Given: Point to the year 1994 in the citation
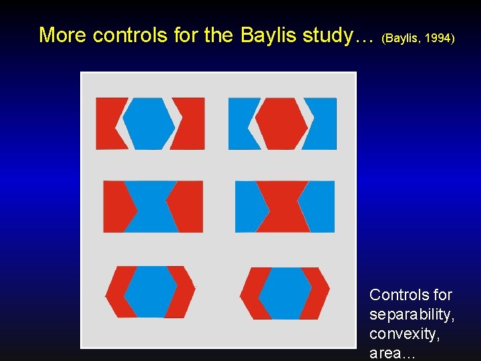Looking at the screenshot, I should pos(438,39).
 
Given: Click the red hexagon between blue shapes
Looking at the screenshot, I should pos(281,124).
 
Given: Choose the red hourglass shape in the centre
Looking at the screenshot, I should pos(283,207).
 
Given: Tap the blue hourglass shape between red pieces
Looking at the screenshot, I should pos(152,207).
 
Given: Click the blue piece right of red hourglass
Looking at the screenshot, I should pos(319,207).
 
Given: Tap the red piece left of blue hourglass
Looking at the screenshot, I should pos(116,207).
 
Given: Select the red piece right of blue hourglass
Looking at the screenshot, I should pos(188,207).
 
